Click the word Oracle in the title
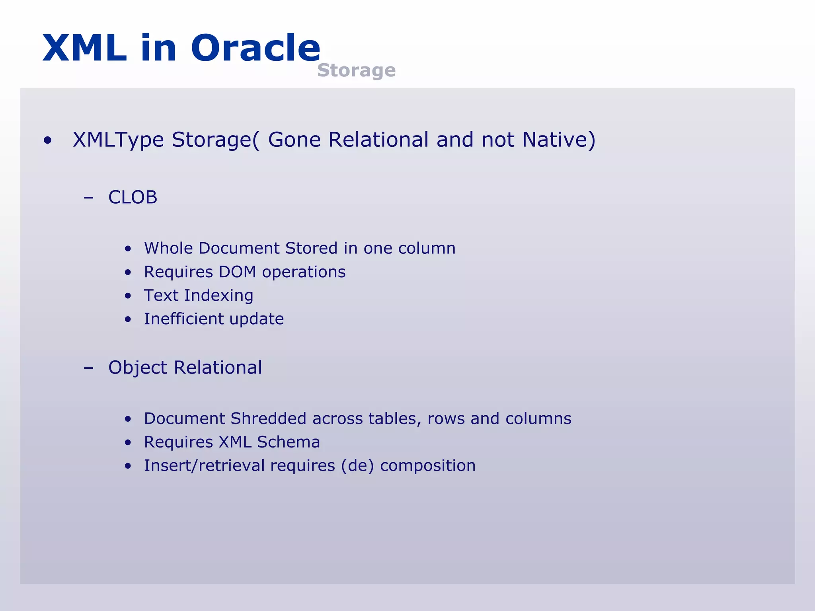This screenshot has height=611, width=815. (255, 48)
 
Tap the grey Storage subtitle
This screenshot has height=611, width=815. (356, 70)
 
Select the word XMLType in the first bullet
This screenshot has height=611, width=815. (118, 140)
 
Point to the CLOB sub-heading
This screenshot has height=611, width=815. (133, 197)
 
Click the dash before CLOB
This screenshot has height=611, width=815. (88, 197)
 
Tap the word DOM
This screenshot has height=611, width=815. (237, 272)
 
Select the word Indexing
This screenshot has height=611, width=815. (218, 296)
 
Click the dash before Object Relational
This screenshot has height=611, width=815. (88, 368)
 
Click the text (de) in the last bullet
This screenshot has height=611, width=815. (357, 466)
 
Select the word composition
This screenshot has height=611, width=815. (428, 466)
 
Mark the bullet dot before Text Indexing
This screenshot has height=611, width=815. (128, 296)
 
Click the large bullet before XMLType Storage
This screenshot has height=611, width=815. (48, 140)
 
